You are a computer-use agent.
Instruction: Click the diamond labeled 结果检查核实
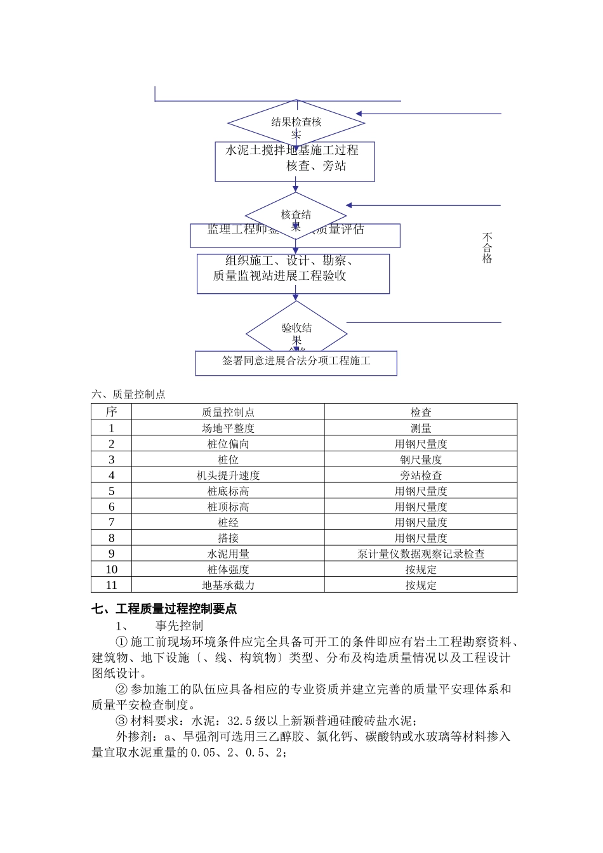click(296, 122)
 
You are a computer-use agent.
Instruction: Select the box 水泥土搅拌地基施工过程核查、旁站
click(295, 161)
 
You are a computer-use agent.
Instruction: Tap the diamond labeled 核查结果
click(296, 215)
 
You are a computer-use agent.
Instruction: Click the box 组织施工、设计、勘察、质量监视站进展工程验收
click(293, 274)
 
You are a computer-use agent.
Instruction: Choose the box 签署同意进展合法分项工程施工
click(296, 363)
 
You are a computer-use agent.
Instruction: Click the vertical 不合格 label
click(487, 248)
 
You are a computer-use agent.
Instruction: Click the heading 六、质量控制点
click(128, 394)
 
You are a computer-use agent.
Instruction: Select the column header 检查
click(421, 412)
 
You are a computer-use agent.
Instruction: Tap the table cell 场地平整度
click(228, 428)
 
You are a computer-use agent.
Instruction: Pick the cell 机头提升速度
click(228, 475)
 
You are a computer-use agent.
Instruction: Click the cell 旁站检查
click(421, 475)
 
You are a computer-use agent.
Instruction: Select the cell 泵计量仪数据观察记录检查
click(421, 554)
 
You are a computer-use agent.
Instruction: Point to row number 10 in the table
click(112, 569)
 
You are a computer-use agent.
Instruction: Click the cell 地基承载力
click(228, 585)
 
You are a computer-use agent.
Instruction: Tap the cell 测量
click(421, 428)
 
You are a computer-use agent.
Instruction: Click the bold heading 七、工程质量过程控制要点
click(164, 609)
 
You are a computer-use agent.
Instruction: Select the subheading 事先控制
click(180, 626)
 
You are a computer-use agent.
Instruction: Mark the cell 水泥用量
click(228, 554)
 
